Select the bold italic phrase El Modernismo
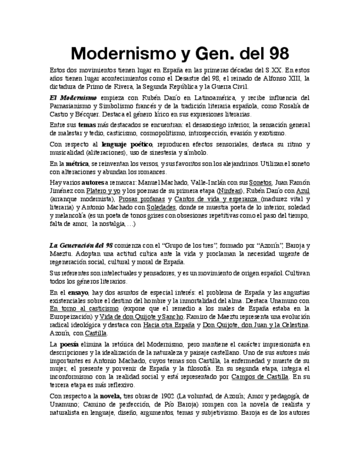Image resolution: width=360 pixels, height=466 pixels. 68,98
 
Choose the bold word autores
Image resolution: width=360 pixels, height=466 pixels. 94,181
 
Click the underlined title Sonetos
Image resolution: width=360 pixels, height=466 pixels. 259,181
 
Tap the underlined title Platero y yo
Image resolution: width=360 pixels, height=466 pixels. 103,190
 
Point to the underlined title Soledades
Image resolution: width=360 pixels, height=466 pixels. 161,207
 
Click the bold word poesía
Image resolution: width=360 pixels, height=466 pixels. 69,344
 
